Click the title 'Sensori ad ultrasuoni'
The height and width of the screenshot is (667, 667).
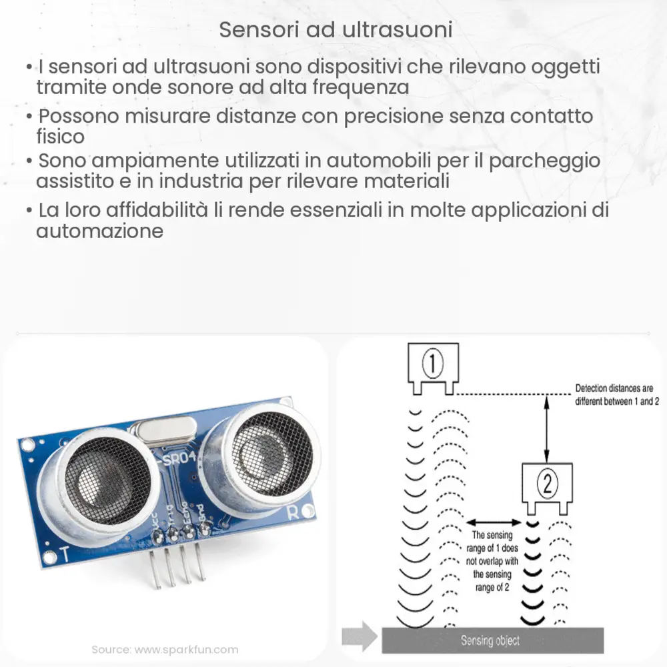(336, 31)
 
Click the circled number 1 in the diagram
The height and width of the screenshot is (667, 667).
(433, 364)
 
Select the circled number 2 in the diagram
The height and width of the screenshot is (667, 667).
(547, 484)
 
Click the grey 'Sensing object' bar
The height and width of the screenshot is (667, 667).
(492, 640)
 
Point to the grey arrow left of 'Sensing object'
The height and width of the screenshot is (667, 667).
(358, 637)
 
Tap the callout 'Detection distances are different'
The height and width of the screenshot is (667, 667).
(614, 394)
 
